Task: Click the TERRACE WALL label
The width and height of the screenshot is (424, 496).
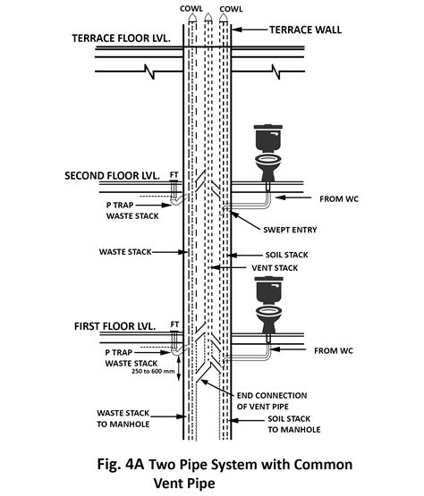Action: tap(305, 29)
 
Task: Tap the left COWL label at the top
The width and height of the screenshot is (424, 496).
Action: tap(190, 7)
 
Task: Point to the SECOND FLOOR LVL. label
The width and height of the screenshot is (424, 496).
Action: tap(112, 175)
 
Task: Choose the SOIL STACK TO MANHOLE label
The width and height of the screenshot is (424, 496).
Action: tap(294, 424)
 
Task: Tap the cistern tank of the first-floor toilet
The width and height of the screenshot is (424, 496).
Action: tap(267, 290)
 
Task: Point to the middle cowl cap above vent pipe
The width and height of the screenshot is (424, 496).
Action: tap(208, 17)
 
